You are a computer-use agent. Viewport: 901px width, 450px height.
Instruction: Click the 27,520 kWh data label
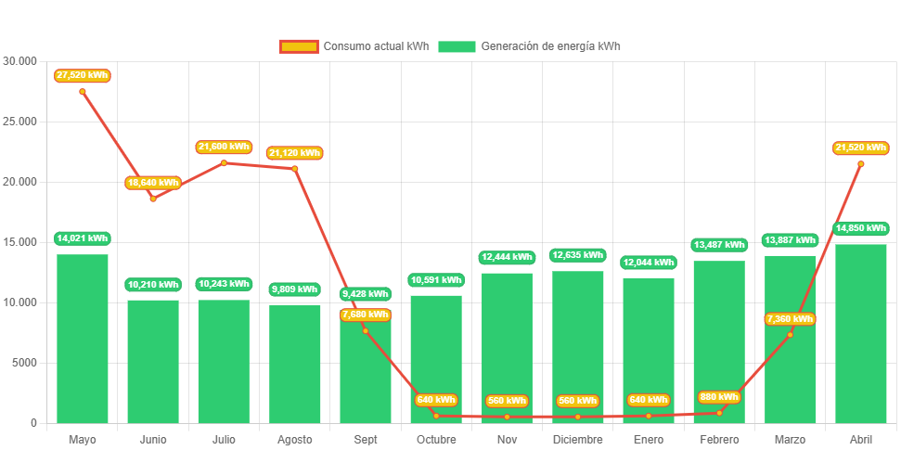click(x=83, y=75)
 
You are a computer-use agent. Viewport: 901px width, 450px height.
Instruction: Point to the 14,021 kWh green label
click(x=83, y=238)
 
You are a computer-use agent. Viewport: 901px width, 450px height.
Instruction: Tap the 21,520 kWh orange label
click(x=861, y=148)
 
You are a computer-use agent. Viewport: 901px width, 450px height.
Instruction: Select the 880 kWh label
click(x=719, y=397)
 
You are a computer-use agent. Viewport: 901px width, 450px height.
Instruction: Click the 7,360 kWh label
click(x=790, y=319)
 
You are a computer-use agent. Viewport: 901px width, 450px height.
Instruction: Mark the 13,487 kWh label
click(x=719, y=245)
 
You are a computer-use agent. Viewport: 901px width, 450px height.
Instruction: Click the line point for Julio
click(x=224, y=163)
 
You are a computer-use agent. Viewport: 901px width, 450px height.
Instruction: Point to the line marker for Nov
click(x=507, y=417)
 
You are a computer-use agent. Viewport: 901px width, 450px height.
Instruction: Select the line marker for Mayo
click(x=83, y=92)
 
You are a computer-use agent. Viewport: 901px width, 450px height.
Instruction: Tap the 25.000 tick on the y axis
click(x=20, y=122)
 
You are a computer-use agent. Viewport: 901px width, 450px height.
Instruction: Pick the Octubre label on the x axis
click(x=436, y=439)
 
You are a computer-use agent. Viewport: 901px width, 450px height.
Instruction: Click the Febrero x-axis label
click(x=719, y=439)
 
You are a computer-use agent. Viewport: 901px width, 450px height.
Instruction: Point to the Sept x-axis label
click(x=366, y=439)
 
